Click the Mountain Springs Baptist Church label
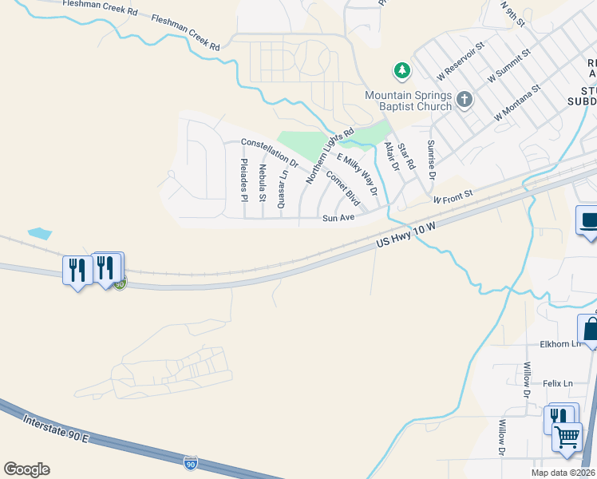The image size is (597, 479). pos(408,101)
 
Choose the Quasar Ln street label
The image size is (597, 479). pos(282,189)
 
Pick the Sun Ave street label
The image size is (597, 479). pos(338,217)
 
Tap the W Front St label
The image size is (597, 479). pos(453,196)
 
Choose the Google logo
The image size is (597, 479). pos(26,469)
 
